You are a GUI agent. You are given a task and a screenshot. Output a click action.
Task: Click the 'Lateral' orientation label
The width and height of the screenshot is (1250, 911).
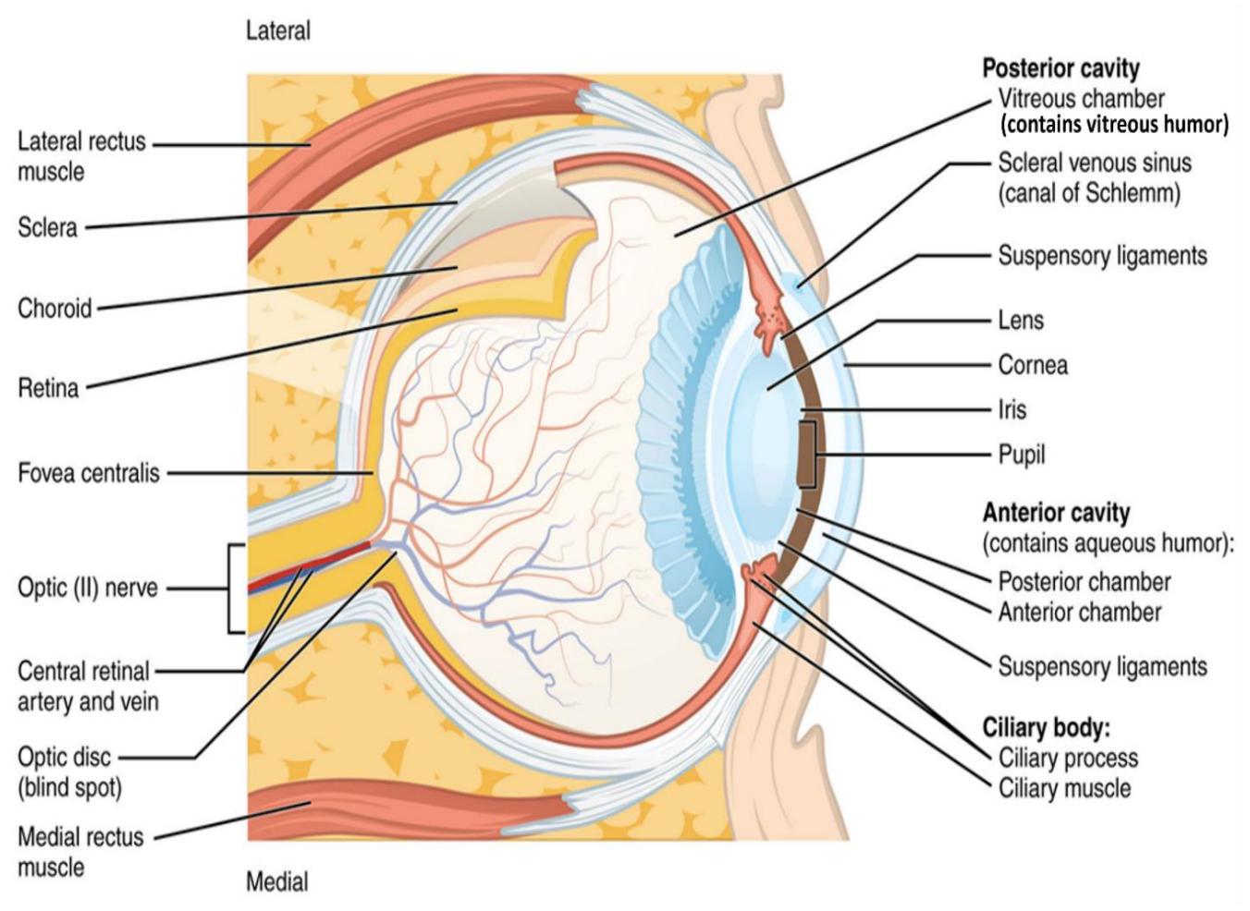pyautogui.click(x=278, y=30)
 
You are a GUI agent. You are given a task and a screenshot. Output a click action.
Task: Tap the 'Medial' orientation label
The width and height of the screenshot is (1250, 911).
pyautogui.click(x=276, y=881)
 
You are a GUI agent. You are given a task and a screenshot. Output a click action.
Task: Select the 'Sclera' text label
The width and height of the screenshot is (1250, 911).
pyautogui.click(x=47, y=227)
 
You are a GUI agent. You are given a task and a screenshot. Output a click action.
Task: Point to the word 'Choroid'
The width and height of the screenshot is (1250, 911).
pyautogui.click(x=55, y=308)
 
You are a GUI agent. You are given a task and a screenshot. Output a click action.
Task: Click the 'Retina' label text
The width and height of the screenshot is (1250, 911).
pyautogui.click(x=48, y=388)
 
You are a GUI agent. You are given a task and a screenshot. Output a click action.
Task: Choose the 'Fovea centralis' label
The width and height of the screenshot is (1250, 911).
pyautogui.click(x=89, y=473)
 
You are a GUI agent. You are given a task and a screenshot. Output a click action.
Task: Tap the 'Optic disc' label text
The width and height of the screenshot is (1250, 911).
pyautogui.click(x=64, y=757)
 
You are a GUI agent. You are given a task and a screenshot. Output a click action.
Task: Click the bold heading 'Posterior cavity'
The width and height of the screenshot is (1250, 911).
pyautogui.click(x=1060, y=68)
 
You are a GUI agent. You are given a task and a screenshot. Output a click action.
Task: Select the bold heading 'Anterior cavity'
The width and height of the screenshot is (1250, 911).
pyautogui.click(x=1056, y=512)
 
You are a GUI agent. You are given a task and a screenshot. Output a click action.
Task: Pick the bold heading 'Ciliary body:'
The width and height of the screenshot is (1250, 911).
pyautogui.click(x=1047, y=727)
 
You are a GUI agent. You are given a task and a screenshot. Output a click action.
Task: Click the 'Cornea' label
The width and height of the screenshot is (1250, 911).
pyautogui.click(x=1033, y=365)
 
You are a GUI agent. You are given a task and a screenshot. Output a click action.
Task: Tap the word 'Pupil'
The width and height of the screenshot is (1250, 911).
pyautogui.click(x=1022, y=455)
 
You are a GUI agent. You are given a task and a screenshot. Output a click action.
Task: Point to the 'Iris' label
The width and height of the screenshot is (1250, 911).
pyautogui.click(x=1012, y=410)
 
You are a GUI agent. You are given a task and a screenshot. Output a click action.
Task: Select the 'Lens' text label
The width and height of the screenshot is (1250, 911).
pyautogui.click(x=1021, y=321)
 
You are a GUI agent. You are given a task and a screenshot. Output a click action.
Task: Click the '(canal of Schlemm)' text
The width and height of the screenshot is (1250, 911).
pyautogui.click(x=1089, y=193)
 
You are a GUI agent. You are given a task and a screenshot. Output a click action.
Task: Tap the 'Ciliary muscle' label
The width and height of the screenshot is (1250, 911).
pyautogui.click(x=1064, y=788)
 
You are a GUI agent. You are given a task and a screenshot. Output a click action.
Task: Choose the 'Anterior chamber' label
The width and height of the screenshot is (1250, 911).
pyautogui.click(x=1079, y=613)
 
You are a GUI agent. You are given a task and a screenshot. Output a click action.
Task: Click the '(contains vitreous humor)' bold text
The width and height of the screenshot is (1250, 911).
pyautogui.click(x=1114, y=125)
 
